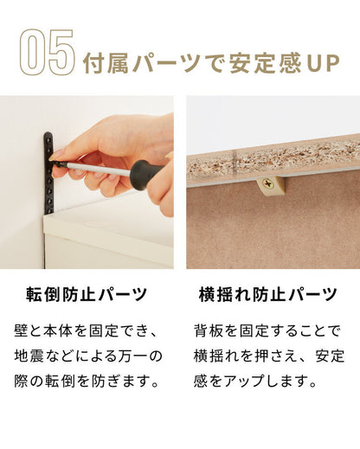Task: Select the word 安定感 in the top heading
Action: pos(265,64)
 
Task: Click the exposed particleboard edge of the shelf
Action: pos(260,164)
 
